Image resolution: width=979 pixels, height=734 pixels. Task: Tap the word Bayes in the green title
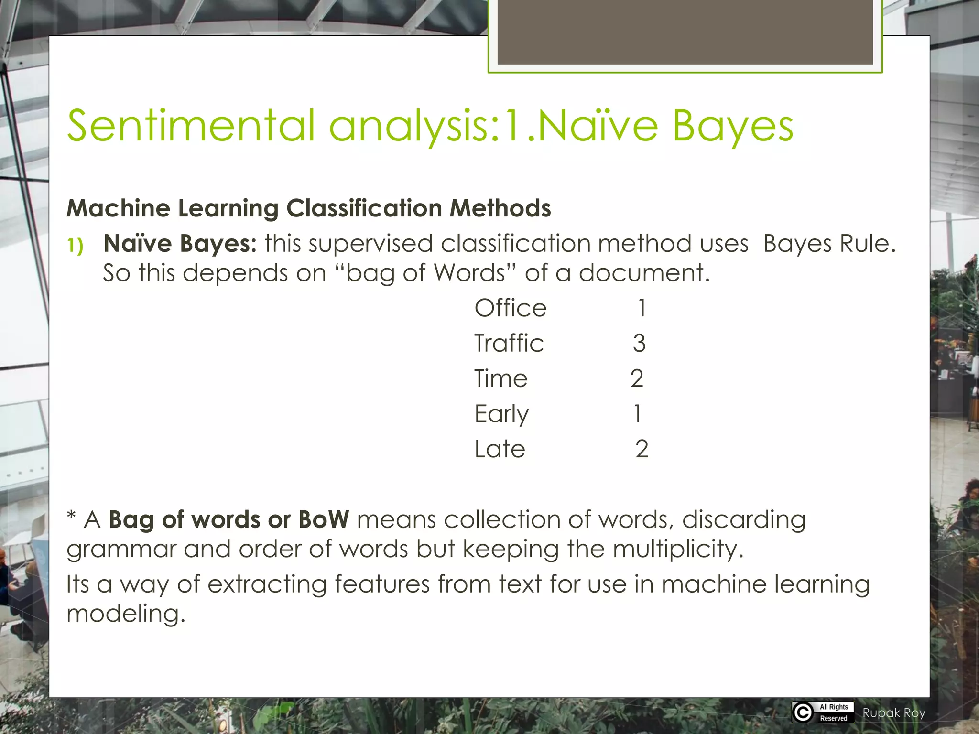733,127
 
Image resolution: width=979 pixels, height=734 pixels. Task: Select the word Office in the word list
510,308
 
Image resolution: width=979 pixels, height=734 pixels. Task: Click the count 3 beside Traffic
639,343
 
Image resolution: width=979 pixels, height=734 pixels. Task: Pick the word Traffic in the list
509,343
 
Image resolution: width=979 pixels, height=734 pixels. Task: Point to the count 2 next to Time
637,378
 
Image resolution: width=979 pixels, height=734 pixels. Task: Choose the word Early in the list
501,414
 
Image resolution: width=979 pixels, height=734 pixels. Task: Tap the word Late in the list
500,449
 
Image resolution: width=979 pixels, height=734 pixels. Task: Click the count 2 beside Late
642,449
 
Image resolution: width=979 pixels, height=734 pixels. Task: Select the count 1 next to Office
642,308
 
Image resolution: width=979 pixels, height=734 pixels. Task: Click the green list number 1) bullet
75,246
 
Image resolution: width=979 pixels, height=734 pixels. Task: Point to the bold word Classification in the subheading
364,208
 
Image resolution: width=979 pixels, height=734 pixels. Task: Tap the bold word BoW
324,519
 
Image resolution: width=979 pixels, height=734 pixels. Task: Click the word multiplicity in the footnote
678,550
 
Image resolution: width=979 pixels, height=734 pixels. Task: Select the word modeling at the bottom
125,614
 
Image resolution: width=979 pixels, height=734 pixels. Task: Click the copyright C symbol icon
803,712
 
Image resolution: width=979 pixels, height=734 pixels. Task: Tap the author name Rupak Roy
894,713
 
